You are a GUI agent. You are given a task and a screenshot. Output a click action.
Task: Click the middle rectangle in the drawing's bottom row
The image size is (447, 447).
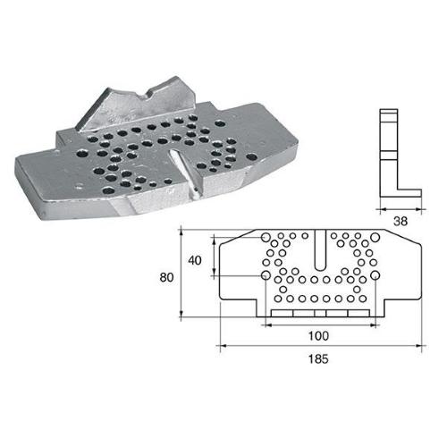318,314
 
